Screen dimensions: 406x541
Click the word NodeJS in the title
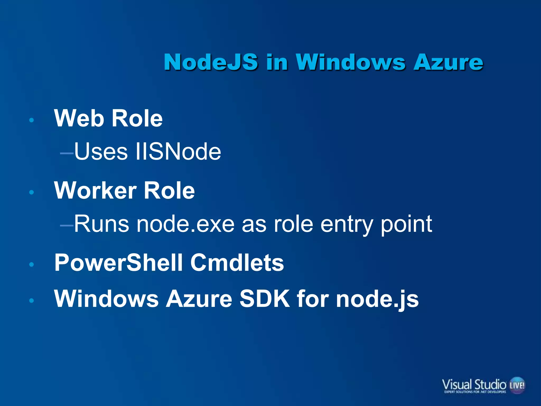[211, 62]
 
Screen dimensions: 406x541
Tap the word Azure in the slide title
[448, 62]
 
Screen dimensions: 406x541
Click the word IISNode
[178, 151]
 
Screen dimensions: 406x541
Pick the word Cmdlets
[237, 262]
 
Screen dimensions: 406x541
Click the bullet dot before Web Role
[32, 120]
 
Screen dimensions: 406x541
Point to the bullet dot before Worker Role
[32, 192]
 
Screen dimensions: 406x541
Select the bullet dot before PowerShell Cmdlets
[32, 264]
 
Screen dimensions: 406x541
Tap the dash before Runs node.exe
[67, 225]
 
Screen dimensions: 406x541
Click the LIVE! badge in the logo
[517, 385]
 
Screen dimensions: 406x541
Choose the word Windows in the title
[350, 62]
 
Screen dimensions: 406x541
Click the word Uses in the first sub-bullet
[101, 151]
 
